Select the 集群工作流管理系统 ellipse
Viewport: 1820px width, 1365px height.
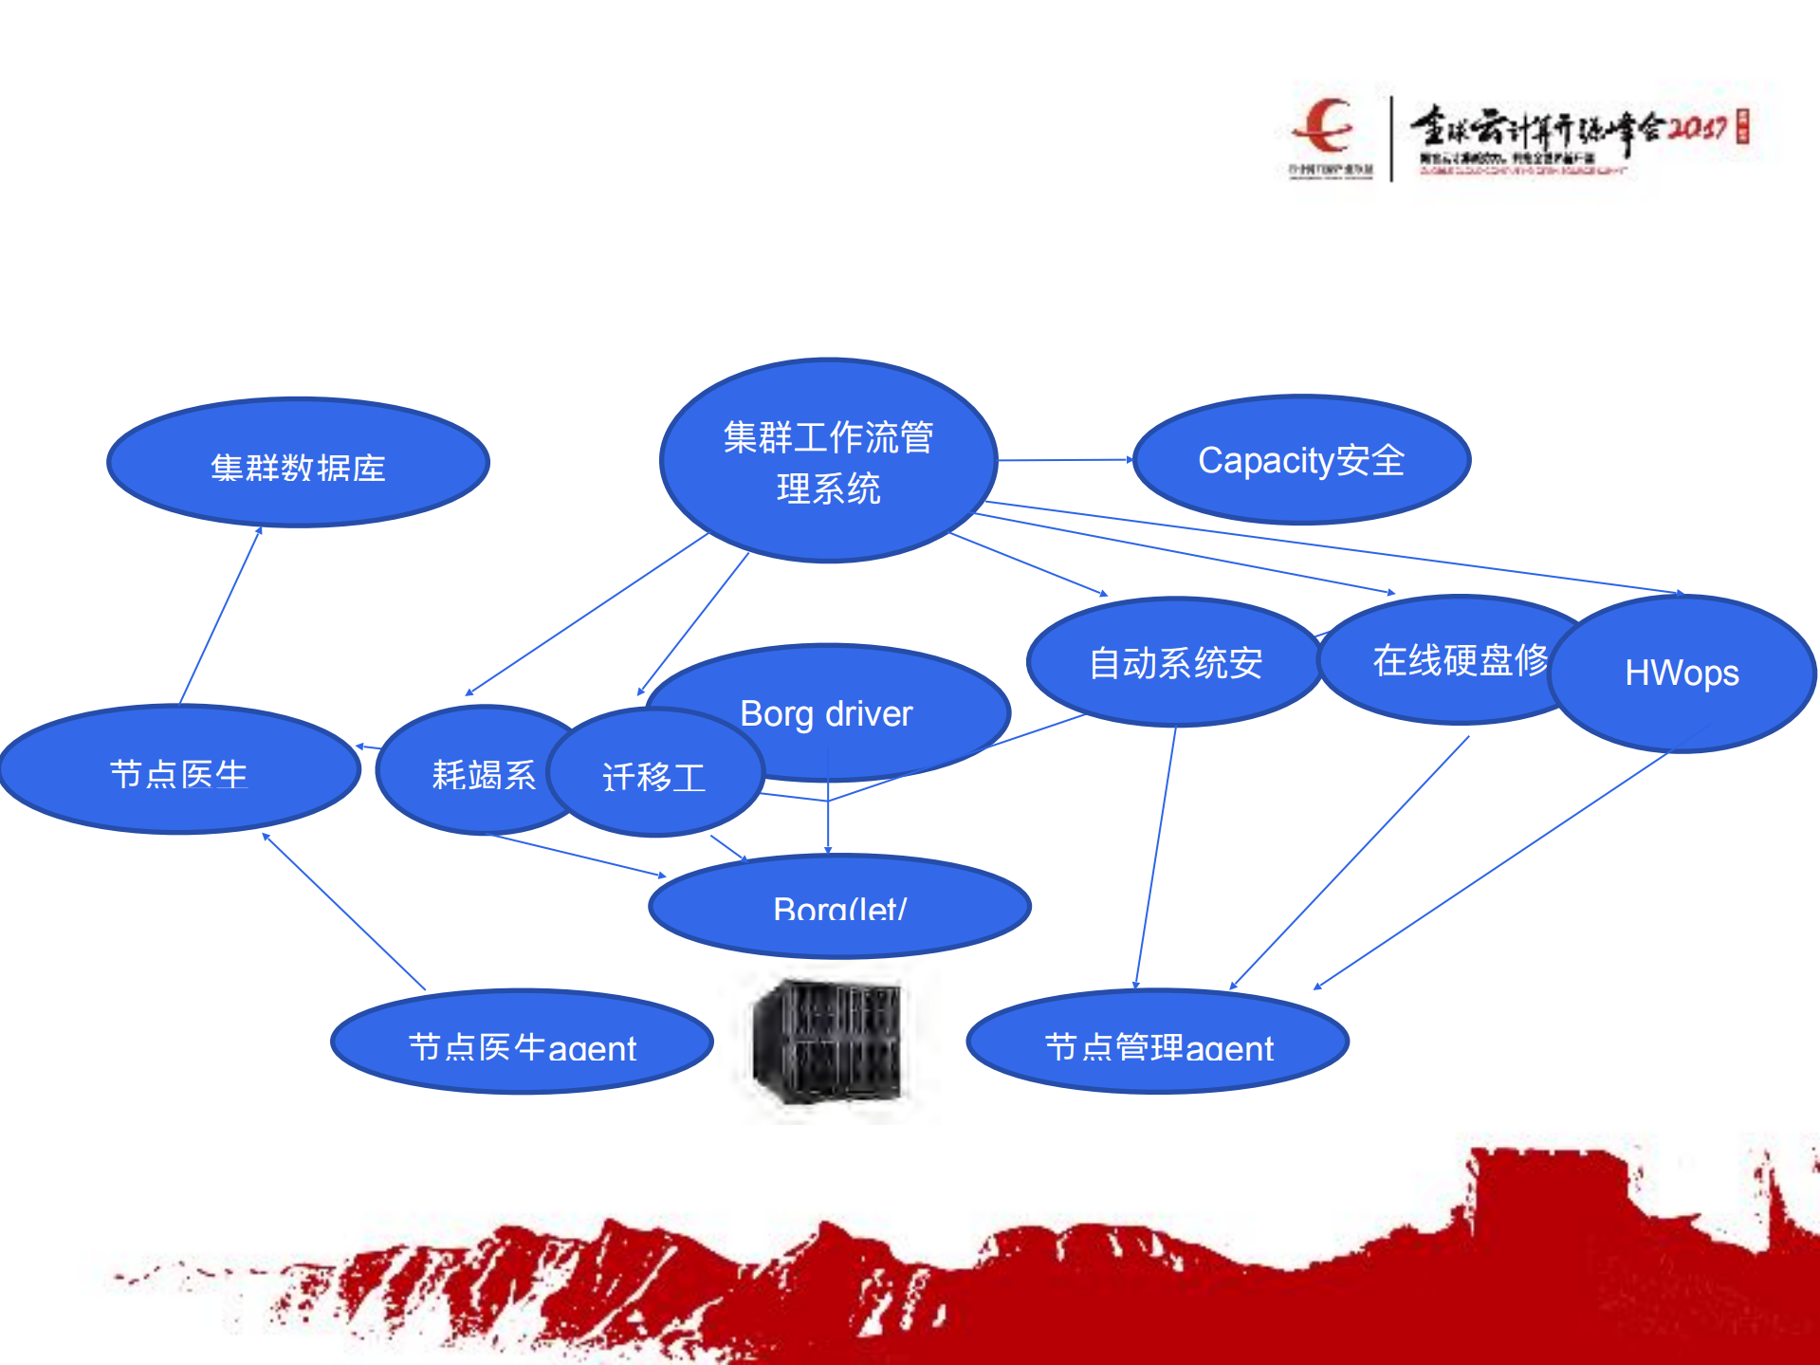tap(828, 461)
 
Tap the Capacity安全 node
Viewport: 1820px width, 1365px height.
tap(1301, 460)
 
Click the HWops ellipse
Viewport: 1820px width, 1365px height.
tap(1682, 673)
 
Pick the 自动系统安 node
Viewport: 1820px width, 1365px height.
tap(1175, 662)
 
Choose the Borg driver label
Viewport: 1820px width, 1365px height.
tap(826, 713)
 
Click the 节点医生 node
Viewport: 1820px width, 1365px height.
tap(179, 771)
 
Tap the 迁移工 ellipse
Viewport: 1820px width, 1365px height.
tap(654, 776)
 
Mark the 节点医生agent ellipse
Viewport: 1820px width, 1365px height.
tap(522, 1043)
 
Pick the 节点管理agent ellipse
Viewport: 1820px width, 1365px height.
tap(1158, 1043)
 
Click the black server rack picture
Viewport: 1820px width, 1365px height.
tap(826, 1042)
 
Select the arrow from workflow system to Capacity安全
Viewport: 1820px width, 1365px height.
tap(1064, 460)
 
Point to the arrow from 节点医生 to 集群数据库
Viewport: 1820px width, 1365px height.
tap(220, 616)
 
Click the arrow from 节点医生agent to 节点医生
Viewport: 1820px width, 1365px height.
tap(343, 912)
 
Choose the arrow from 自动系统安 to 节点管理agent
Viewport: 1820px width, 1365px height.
tap(1155, 858)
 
